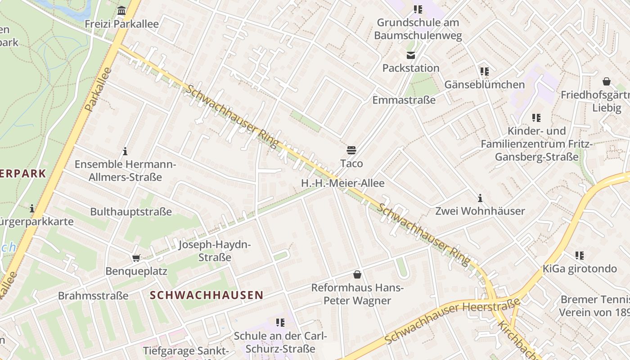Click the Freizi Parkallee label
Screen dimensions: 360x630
click(x=121, y=24)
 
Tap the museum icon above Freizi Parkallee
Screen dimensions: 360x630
click(x=121, y=10)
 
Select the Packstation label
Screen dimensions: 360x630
click(x=410, y=68)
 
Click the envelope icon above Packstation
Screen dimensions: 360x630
click(x=410, y=55)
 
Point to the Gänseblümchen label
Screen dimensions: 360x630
click(x=484, y=85)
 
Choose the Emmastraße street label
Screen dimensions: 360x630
click(x=404, y=100)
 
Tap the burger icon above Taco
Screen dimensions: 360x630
click(x=351, y=150)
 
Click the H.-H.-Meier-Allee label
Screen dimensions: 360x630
click(x=342, y=183)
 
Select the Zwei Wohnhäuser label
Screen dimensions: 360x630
click(x=480, y=211)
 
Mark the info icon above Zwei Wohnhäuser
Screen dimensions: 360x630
click(x=480, y=198)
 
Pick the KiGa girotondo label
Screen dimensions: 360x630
click(x=579, y=269)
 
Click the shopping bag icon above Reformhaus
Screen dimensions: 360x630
click(x=357, y=274)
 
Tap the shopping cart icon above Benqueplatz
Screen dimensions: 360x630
click(x=136, y=258)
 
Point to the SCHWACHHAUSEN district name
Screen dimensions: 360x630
click(x=206, y=295)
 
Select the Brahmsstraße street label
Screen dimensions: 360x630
click(x=93, y=296)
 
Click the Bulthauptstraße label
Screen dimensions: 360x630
click(x=131, y=211)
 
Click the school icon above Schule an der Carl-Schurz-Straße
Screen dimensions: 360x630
click(x=280, y=323)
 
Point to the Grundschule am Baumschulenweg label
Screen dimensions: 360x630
click(x=418, y=29)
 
